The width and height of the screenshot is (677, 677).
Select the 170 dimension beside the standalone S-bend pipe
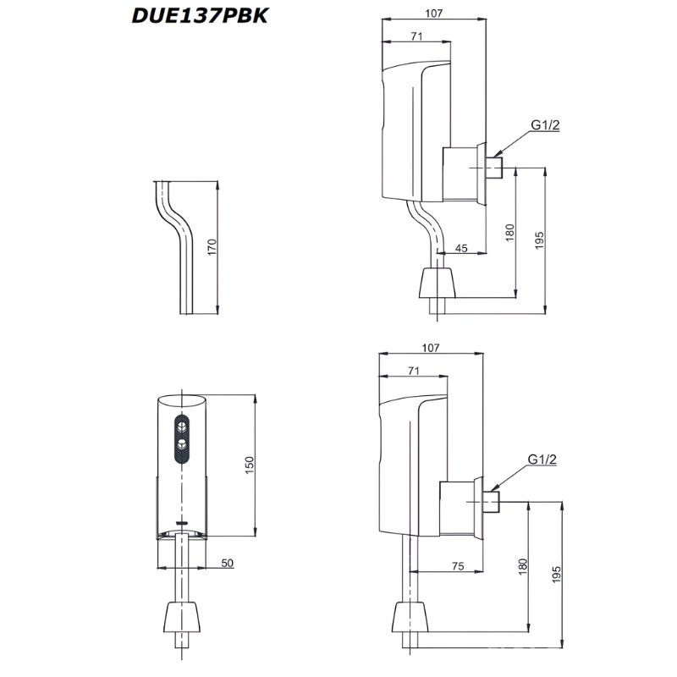[213, 247]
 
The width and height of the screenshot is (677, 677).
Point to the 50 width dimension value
[227, 563]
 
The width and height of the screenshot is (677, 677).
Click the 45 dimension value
[461, 248]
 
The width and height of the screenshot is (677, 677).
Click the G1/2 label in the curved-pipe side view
[546, 126]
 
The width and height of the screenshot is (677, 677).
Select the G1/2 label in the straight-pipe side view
[542, 459]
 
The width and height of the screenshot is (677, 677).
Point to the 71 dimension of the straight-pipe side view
[414, 371]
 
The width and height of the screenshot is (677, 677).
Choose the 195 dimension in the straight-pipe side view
[555, 574]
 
